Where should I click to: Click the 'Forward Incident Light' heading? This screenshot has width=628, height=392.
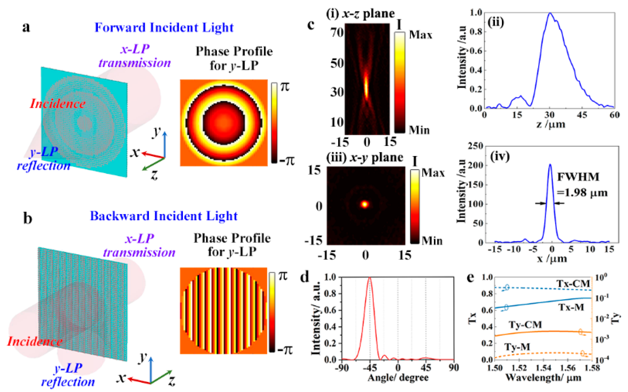[164, 28]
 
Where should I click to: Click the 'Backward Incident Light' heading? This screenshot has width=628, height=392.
[164, 216]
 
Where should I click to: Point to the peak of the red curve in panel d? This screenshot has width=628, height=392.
[369, 278]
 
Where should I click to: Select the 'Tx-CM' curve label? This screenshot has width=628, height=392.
[573, 284]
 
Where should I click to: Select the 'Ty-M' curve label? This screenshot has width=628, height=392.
[517, 347]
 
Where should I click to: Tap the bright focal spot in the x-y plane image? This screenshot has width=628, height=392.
[365, 204]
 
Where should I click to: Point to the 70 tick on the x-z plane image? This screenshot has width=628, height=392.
[337, 33]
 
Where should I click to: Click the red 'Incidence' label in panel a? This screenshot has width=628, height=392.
[58, 104]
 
